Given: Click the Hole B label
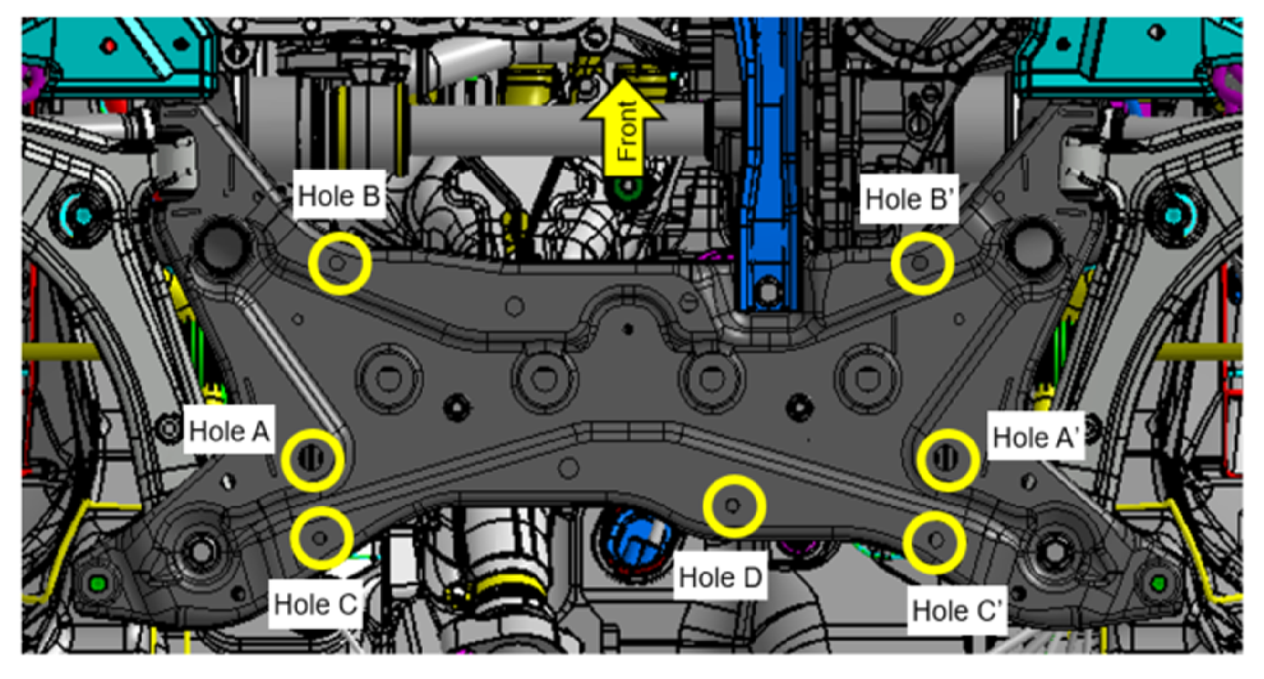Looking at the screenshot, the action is pos(339,196).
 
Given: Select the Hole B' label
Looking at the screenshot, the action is pos(909,199).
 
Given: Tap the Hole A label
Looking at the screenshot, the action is pos(229,431).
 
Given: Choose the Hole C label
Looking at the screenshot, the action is pos(316,604).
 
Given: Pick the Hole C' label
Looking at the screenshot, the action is pos(957,611).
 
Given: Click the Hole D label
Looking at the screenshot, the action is pos(720,577).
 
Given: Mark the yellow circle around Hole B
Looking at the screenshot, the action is pos(340,263).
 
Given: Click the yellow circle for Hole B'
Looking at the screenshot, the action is pos(922,264).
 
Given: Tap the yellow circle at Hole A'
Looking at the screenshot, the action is pos(948,460).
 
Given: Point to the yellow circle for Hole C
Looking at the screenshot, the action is pos(322,537).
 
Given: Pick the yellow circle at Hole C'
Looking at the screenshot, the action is pos(935,542).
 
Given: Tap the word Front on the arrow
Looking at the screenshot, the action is pos(626,131).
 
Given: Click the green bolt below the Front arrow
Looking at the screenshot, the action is pos(628,189).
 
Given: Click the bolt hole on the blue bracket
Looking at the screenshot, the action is pos(768,291).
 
